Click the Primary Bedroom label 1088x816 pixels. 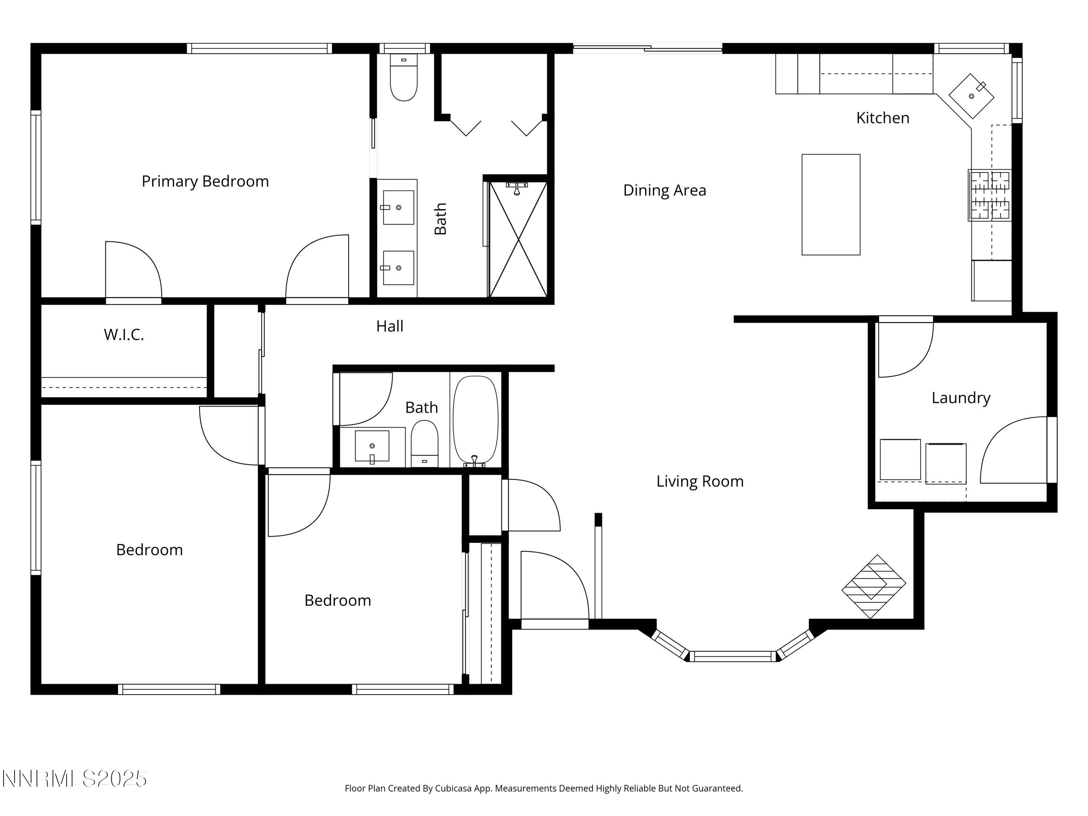(x=205, y=181)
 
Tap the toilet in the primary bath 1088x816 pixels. (x=403, y=79)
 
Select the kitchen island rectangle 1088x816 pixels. (x=831, y=205)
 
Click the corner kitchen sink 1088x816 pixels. (x=971, y=96)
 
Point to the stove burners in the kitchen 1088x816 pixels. (x=990, y=195)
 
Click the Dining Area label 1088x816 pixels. (x=664, y=190)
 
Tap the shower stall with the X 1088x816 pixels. (x=518, y=239)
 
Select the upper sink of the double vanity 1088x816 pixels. (x=399, y=207)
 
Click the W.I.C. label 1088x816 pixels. (x=123, y=335)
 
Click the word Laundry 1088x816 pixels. (x=961, y=397)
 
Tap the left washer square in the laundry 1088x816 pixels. (x=900, y=459)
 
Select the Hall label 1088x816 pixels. (x=390, y=326)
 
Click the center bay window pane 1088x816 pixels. (x=732, y=656)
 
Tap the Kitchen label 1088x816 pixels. (x=882, y=118)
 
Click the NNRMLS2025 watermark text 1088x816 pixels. (x=74, y=779)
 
